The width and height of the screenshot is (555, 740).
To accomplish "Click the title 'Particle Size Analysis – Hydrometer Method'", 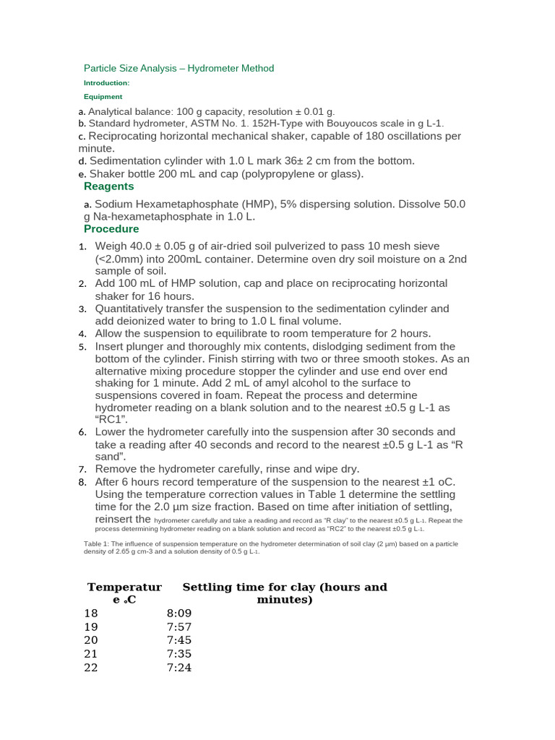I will (x=178, y=69).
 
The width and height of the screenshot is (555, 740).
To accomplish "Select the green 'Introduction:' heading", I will (x=106, y=83).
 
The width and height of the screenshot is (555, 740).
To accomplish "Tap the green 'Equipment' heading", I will (x=103, y=96).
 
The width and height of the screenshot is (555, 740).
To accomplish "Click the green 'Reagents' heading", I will (x=109, y=186).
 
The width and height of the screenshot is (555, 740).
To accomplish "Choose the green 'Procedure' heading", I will (x=111, y=229).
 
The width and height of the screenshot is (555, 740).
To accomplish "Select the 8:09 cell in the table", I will (x=178, y=613).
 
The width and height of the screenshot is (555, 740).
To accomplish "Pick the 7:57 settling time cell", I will (x=178, y=627).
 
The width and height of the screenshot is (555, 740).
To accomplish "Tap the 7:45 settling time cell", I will (x=178, y=640).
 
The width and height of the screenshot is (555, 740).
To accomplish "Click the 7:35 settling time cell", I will (x=178, y=654).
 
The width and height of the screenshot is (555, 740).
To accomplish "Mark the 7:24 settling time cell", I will (x=178, y=668).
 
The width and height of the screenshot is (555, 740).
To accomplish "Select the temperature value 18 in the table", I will (x=90, y=613).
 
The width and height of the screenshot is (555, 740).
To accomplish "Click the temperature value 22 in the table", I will (x=90, y=668).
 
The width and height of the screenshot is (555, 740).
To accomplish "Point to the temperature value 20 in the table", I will (x=90, y=640).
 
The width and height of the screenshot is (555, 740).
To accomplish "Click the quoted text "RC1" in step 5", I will (x=112, y=420).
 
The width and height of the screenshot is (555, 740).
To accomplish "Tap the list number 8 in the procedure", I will (x=82, y=482).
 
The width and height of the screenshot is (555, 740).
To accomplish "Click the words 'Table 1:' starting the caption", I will (x=98, y=543).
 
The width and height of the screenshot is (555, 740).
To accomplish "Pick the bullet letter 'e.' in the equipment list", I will (x=82, y=175).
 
